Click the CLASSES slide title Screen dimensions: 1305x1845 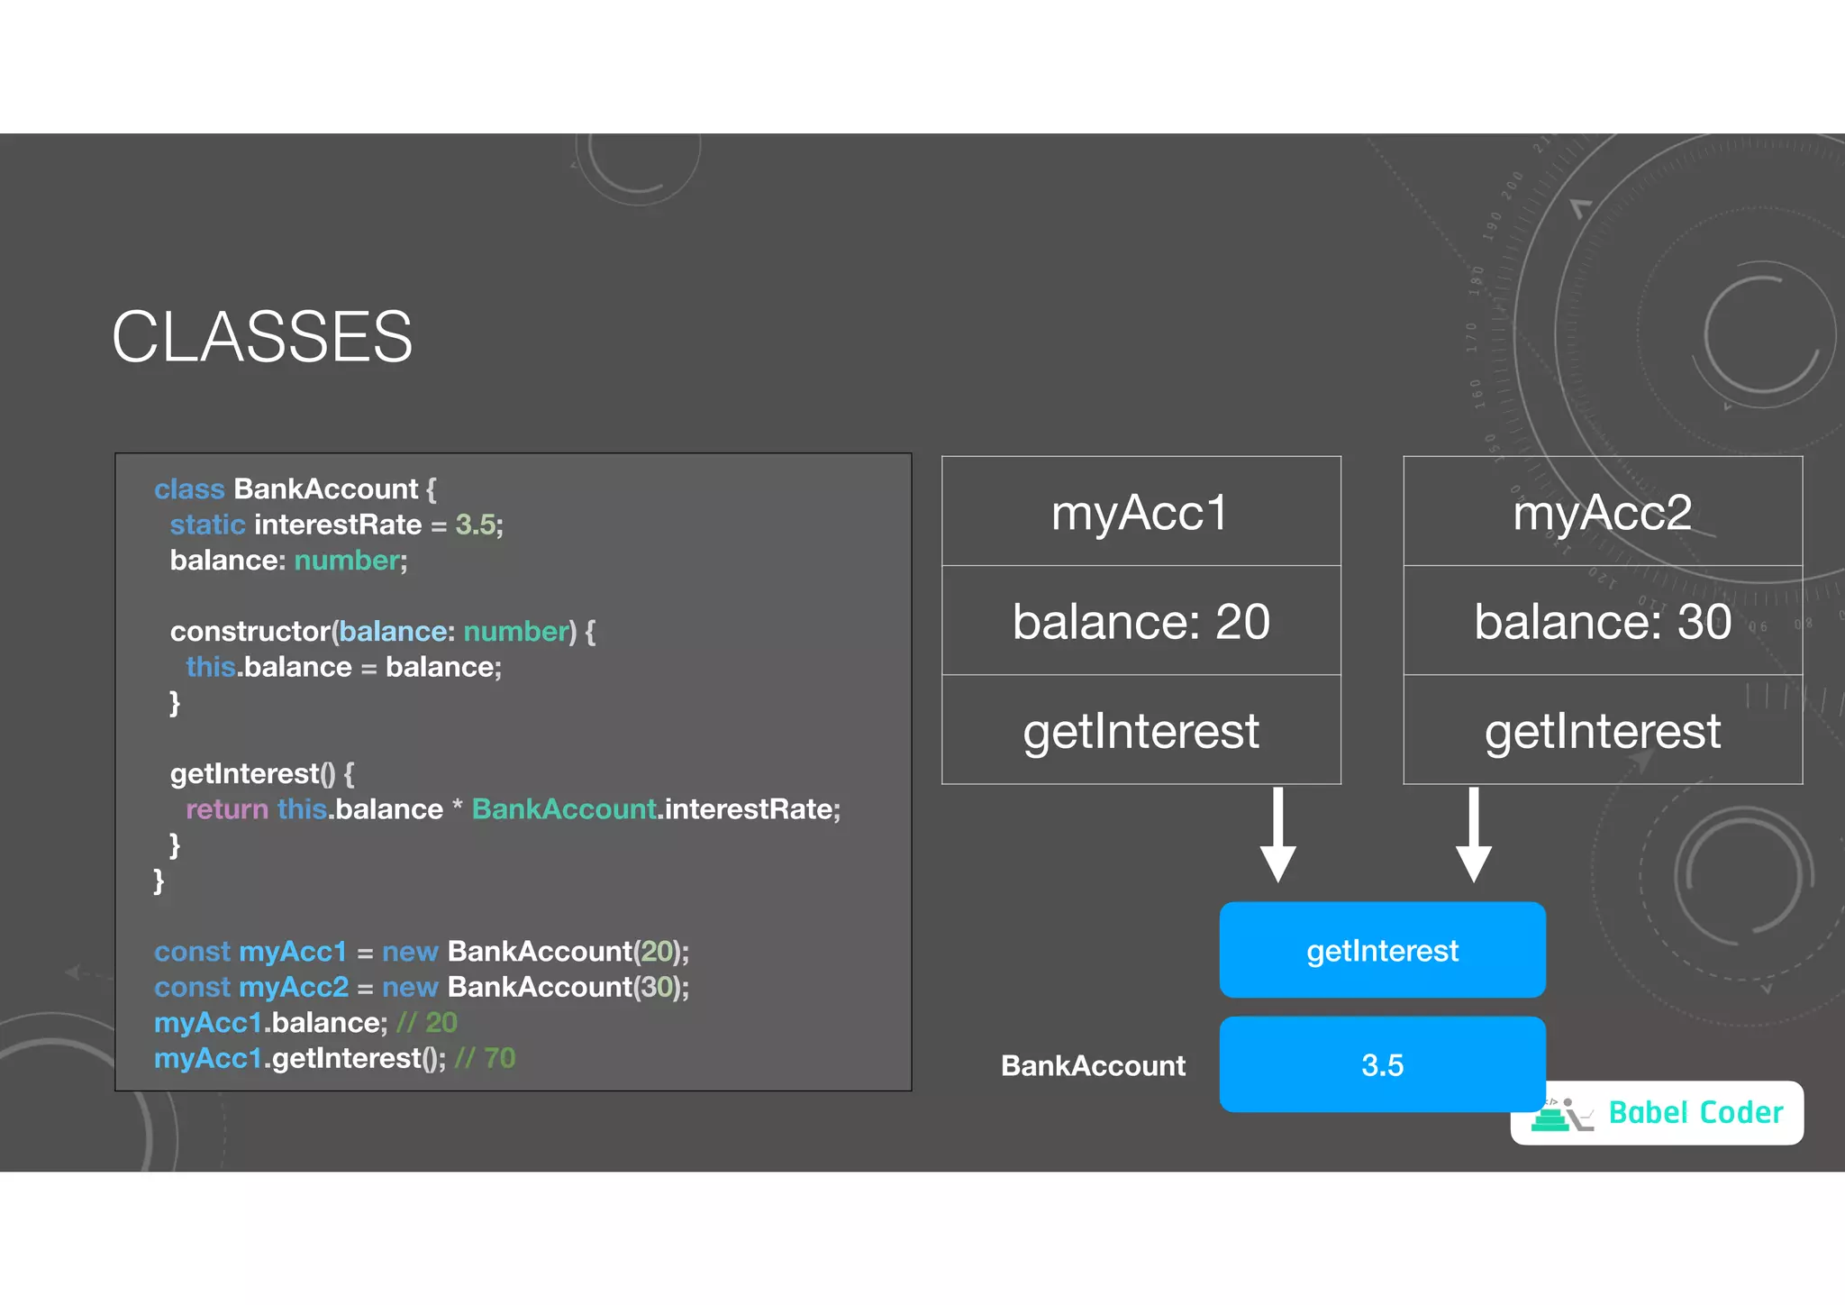point(261,337)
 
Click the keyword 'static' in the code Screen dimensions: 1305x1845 point(207,525)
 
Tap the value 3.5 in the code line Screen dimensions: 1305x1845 point(476,525)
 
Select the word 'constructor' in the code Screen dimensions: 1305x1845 point(250,631)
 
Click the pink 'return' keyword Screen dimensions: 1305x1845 point(227,809)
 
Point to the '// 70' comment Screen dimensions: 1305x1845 point(485,1058)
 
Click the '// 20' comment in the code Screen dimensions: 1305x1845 point(427,1023)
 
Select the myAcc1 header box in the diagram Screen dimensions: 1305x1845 point(1141,512)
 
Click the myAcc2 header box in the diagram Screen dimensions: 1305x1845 point(1602,512)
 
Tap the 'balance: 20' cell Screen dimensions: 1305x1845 point(1141,621)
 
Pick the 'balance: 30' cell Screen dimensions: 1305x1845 point(1602,621)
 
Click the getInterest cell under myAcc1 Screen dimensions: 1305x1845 point(1141,731)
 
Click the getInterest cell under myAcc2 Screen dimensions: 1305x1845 point(1602,731)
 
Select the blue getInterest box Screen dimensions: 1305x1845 point(1382,950)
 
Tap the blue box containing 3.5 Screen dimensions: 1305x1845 point(1382,1064)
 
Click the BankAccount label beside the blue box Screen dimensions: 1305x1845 point(1093,1066)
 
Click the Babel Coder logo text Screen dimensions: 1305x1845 point(1695,1113)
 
